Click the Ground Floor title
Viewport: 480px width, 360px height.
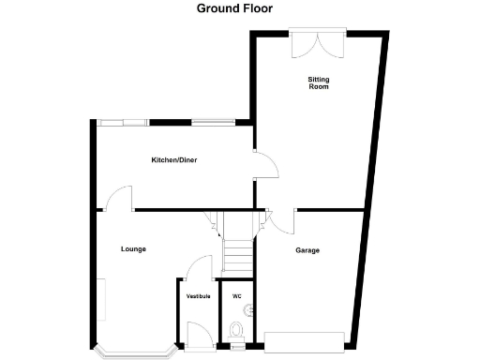(239, 9)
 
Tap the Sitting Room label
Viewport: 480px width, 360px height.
(319, 85)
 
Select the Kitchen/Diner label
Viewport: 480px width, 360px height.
(174, 160)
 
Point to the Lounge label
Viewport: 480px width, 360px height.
(133, 248)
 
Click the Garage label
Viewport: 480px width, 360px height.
(307, 250)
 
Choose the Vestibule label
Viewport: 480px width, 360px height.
(198, 296)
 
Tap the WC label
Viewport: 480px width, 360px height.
(237, 296)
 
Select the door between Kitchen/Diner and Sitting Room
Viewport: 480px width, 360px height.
(266, 166)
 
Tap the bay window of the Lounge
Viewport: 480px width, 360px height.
(135, 351)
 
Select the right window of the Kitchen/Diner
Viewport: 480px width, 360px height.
(215, 121)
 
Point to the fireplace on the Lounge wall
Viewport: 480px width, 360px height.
(105, 300)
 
